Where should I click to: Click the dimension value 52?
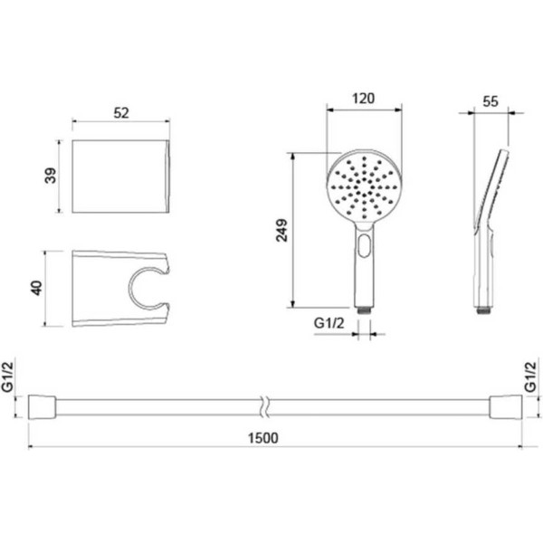click(121, 113)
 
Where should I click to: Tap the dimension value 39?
click(51, 176)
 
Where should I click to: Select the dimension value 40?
click(37, 288)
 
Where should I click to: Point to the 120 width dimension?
click(363, 99)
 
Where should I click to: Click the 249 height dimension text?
click(281, 230)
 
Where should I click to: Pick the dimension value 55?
click(491, 101)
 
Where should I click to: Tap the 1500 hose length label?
click(263, 438)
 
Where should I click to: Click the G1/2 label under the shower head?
click(329, 323)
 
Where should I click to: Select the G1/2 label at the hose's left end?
click(7, 376)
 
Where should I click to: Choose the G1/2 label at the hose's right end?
click(530, 376)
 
